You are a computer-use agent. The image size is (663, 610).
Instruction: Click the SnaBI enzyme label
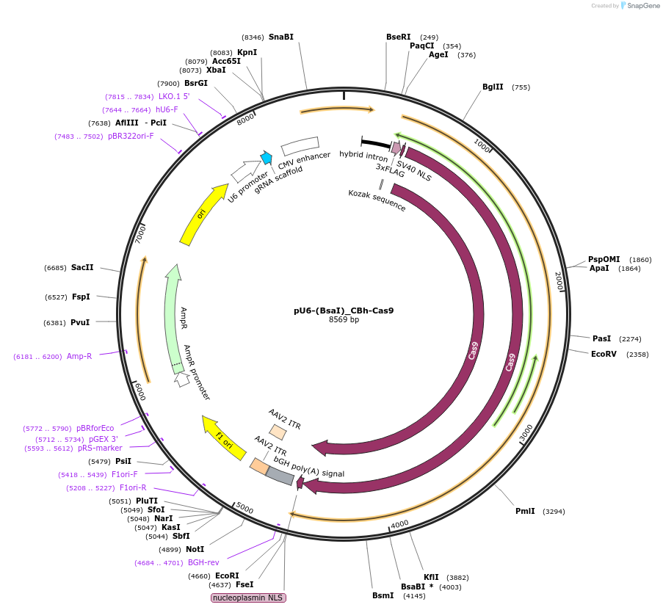click(x=280, y=37)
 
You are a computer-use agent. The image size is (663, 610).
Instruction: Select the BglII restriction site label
click(x=493, y=87)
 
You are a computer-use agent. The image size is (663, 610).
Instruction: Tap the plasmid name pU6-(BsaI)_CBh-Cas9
click(x=344, y=311)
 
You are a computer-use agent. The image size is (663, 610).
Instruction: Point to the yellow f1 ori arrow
click(x=225, y=437)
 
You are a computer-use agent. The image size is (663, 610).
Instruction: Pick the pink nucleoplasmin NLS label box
click(x=248, y=598)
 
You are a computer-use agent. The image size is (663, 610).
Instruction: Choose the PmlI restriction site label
click(x=525, y=512)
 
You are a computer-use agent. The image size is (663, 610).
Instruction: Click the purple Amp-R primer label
click(x=79, y=357)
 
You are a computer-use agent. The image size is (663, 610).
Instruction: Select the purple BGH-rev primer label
click(x=203, y=563)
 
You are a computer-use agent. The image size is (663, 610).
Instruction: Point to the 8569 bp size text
click(x=344, y=320)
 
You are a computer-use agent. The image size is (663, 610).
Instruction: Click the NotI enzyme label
click(x=195, y=549)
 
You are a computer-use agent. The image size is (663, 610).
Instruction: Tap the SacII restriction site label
click(x=82, y=267)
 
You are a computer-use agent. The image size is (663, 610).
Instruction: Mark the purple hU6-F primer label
click(x=167, y=109)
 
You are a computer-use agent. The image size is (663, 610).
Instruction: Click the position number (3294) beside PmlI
click(x=554, y=512)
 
